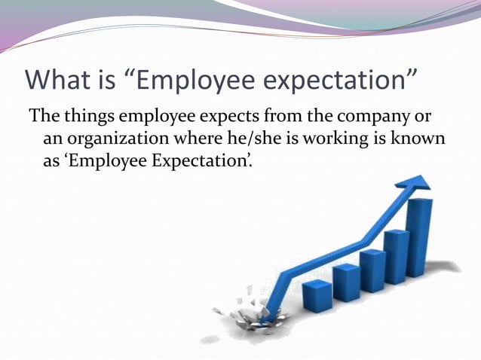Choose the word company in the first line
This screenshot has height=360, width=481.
374,118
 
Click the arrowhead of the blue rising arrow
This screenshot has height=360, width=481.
412,182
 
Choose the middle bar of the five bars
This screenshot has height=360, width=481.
372,272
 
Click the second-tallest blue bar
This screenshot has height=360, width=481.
397,256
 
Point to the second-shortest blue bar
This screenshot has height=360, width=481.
346,282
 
